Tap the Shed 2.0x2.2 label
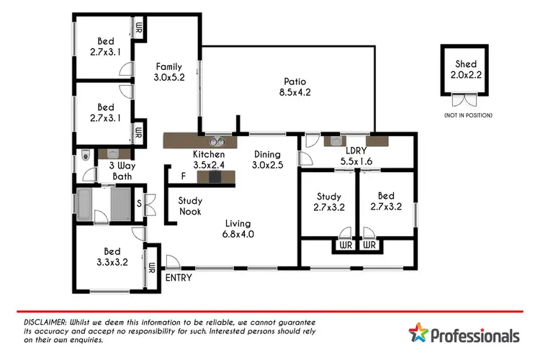(x=465, y=70)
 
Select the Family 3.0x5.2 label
(x=169, y=73)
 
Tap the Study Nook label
(x=190, y=206)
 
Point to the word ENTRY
(x=179, y=276)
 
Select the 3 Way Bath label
(x=121, y=171)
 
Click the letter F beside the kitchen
(x=183, y=175)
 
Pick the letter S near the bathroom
(x=139, y=202)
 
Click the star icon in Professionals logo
(x=418, y=334)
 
